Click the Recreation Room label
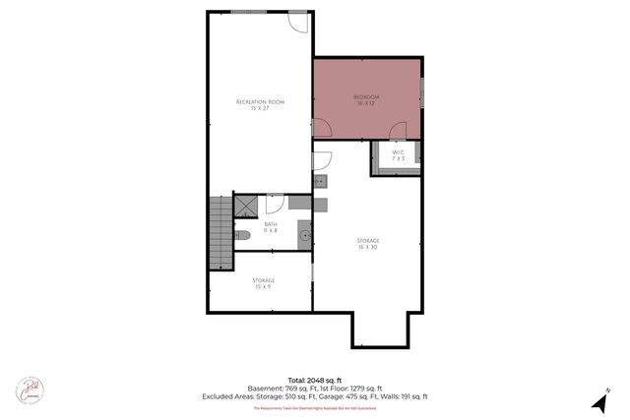pos(260,104)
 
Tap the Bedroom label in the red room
pos(366,99)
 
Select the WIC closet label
pos(398,155)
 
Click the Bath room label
pos(270,227)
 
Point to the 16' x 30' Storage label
pos(368,244)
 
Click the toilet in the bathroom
pos(243,235)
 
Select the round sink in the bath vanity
pos(304,236)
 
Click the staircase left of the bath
pos(220,232)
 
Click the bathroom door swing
pos(276,203)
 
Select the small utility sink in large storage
pos(320,182)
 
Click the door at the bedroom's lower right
pos(398,131)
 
